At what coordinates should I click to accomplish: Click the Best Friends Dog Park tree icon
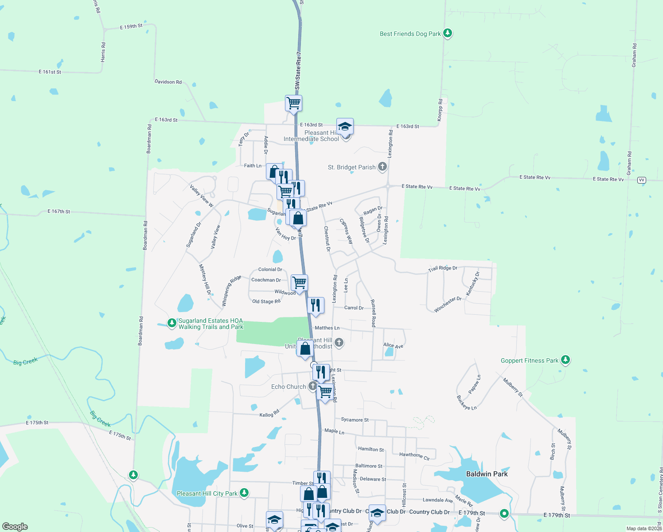(448, 33)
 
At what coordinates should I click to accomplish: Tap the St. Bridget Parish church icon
(382, 167)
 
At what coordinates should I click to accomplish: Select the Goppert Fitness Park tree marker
(565, 360)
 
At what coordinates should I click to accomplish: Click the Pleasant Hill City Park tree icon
(244, 493)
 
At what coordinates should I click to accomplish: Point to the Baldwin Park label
(487, 474)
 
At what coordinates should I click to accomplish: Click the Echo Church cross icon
(312, 386)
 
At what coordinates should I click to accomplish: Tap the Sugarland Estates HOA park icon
(172, 323)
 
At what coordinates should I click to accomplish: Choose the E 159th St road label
(131, 27)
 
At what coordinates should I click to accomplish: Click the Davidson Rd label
(168, 82)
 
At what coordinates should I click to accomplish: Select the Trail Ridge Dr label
(442, 269)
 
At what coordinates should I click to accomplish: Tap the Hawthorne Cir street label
(414, 456)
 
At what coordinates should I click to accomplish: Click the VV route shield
(641, 180)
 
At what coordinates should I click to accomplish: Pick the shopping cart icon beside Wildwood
(300, 282)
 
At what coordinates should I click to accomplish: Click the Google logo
(15, 526)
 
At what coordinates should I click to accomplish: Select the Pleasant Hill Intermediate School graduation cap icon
(345, 127)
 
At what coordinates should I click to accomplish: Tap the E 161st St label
(50, 72)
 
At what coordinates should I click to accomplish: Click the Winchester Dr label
(448, 305)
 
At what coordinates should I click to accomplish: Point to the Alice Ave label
(393, 345)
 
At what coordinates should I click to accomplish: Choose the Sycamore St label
(355, 420)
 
